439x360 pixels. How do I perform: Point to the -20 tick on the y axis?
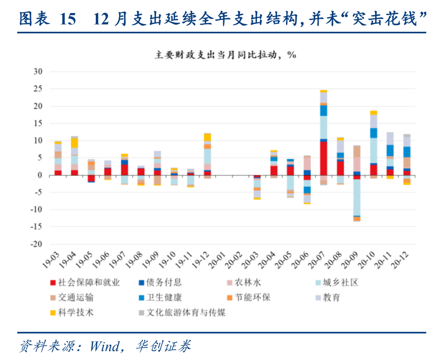coord(38,245)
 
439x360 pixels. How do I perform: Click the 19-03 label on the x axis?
coord(52,259)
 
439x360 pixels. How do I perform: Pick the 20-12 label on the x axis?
coord(401,259)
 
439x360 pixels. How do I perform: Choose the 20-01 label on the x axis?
coord(219,259)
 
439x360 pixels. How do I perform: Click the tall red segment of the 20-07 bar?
coord(324,158)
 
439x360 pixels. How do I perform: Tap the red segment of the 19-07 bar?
coord(124,170)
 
